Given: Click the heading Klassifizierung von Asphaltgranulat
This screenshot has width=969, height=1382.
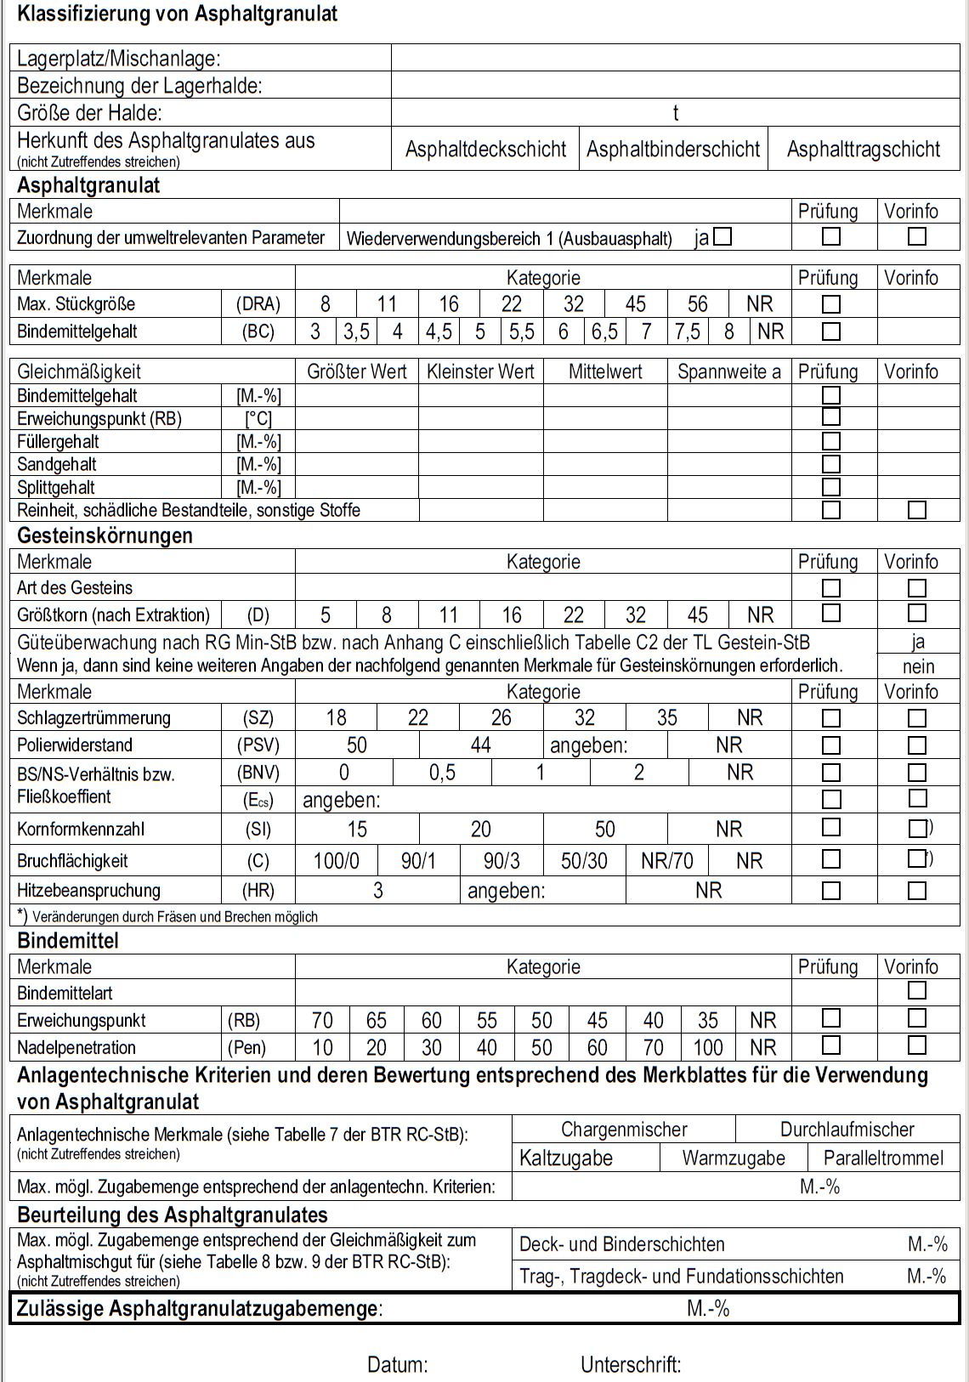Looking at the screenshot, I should (x=177, y=14).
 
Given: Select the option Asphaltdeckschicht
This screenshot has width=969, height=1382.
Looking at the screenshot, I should (x=485, y=150).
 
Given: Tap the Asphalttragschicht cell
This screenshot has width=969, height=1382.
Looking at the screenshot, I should (x=863, y=150).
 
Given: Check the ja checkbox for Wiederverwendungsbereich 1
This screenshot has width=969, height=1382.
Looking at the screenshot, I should (x=722, y=237).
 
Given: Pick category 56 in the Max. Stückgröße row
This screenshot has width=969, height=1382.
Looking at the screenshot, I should (x=697, y=304).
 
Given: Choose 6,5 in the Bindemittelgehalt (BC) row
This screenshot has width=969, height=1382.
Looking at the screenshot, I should (x=604, y=331).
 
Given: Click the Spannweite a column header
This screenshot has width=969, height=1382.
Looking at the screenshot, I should (x=728, y=371).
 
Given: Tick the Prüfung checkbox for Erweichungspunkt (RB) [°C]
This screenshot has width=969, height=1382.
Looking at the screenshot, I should (x=831, y=417).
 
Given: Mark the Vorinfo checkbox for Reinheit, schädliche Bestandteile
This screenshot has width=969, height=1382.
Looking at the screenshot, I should (x=916, y=510).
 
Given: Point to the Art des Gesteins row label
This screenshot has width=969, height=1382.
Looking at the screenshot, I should (x=75, y=587).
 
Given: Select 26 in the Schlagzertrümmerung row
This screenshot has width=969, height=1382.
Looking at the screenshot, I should (x=501, y=718).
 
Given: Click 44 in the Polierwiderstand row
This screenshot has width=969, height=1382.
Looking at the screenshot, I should (x=480, y=745).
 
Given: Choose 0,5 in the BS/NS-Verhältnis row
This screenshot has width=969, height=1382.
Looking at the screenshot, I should (x=442, y=773).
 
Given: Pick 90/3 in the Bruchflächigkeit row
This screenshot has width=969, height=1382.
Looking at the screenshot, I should (x=501, y=861).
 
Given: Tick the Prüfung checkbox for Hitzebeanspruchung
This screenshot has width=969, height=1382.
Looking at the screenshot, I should (x=831, y=891).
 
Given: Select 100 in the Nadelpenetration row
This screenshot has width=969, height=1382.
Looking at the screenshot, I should (x=707, y=1047).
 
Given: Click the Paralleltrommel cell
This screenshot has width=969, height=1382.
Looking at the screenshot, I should (x=883, y=1158).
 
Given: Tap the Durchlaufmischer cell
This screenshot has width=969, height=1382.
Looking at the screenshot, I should (x=847, y=1130).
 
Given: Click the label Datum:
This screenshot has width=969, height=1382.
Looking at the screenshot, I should (x=397, y=1365).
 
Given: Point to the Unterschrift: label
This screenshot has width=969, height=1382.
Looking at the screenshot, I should (x=631, y=1365).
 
